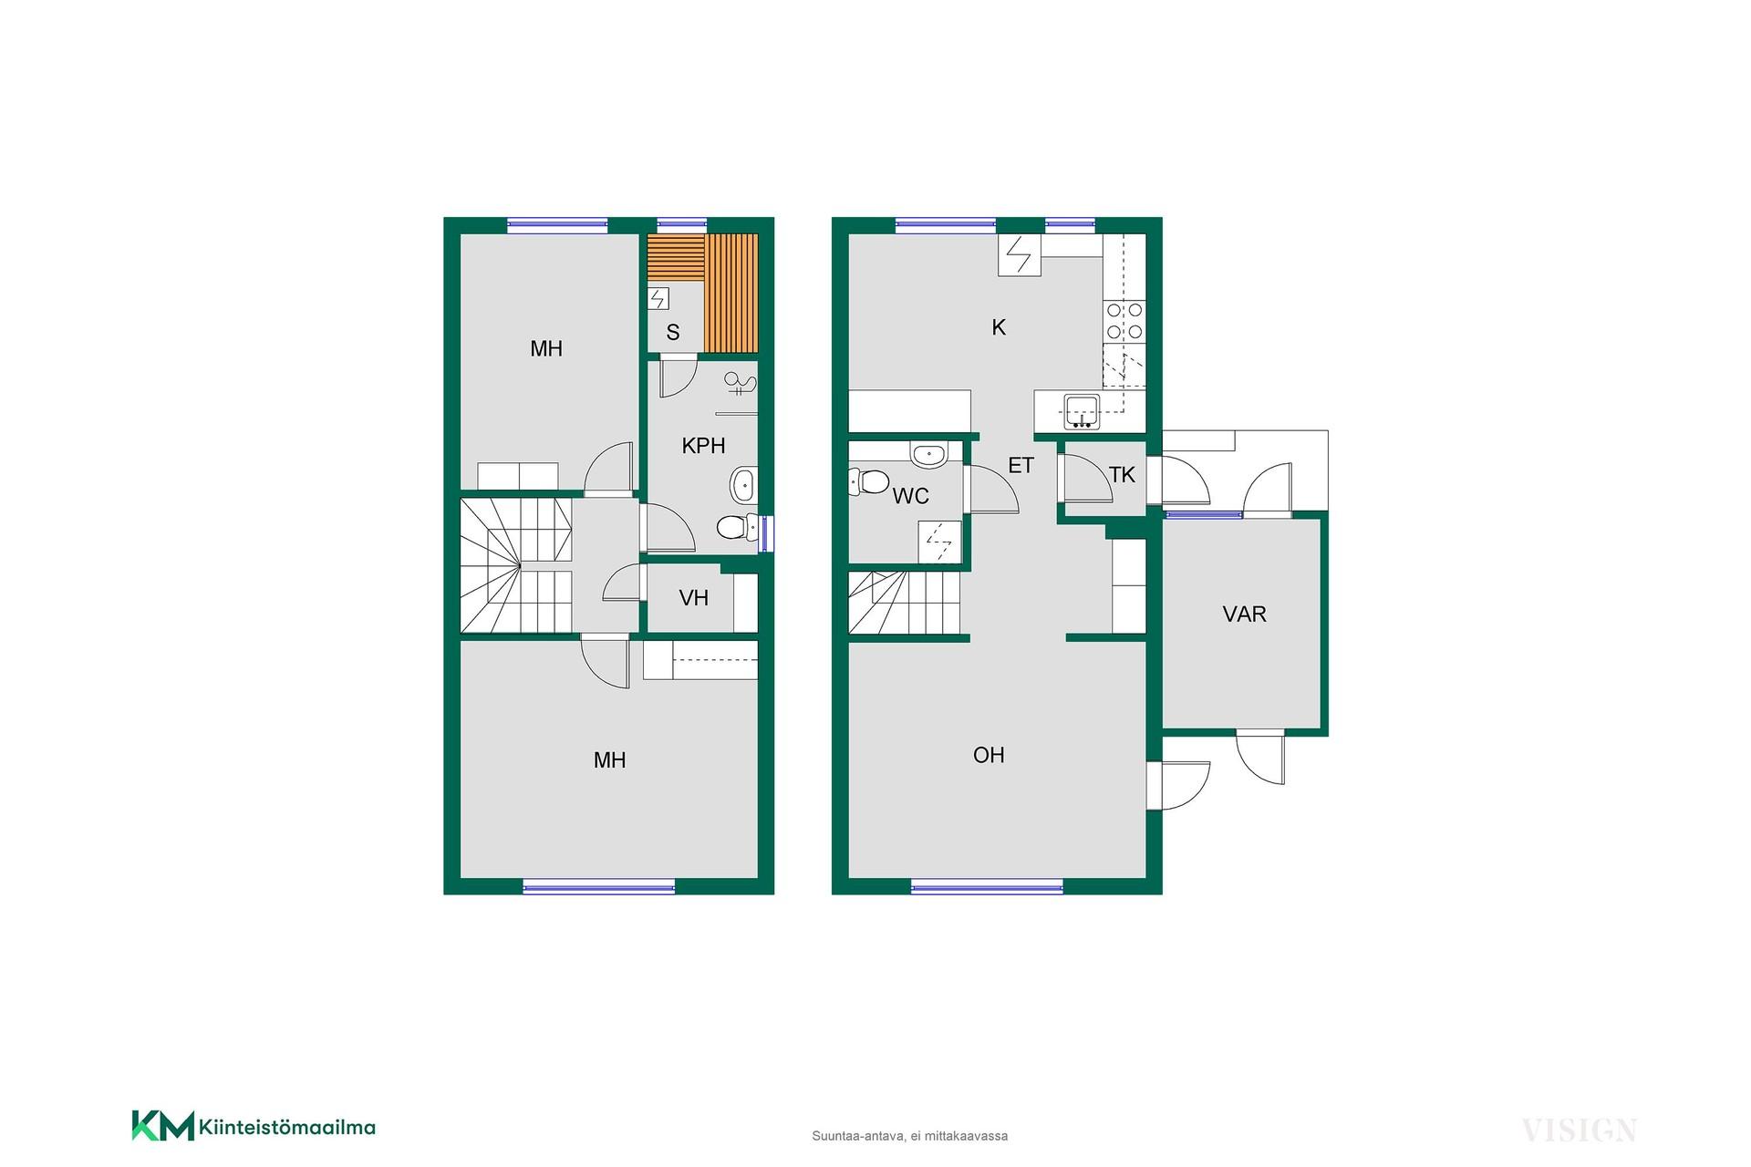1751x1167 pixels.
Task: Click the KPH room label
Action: tap(703, 446)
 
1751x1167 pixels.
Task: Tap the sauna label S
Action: tap(673, 333)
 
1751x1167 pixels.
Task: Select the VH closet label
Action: tap(694, 598)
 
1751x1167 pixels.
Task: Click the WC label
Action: tap(911, 496)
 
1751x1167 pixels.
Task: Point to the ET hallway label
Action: tap(1021, 466)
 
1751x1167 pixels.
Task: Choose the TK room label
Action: tap(1122, 475)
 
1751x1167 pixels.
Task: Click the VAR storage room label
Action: tap(1245, 614)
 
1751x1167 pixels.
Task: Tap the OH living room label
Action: tap(989, 755)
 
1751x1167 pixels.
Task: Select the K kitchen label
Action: tap(999, 328)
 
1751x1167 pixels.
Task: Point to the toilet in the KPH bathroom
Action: tap(738, 527)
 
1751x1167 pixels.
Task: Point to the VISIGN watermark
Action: tap(1579, 1131)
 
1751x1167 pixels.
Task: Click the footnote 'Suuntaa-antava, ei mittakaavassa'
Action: tap(910, 1136)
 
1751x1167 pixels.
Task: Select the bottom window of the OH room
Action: tap(987, 886)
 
